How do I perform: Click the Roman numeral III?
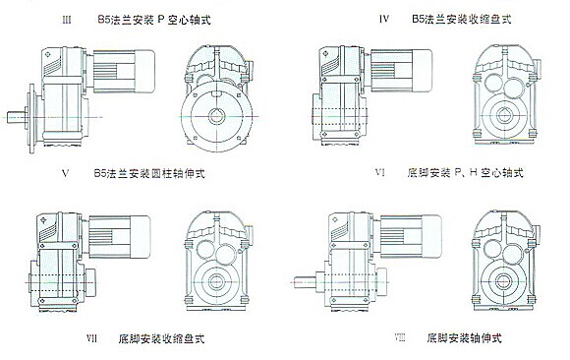[x=67, y=20]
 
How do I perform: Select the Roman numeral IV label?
[x=384, y=19]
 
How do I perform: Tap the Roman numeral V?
[x=66, y=173]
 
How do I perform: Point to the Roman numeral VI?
[x=380, y=172]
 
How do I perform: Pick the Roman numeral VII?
[x=91, y=338]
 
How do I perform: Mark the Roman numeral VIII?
[x=400, y=338]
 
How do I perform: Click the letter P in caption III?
[x=160, y=20]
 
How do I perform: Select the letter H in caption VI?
[x=473, y=172]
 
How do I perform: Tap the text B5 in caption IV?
[x=418, y=19]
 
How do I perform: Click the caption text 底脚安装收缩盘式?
[x=161, y=338]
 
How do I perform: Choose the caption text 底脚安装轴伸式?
[x=464, y=338]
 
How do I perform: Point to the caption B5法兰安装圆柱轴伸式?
[x=149, y=173]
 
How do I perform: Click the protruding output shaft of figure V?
[x=17, y=117]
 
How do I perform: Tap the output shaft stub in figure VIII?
[x=305, y=282]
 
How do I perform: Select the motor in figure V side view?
[x=124, y=71]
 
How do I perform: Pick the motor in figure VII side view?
[x=119, y=237]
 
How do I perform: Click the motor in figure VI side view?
[x=401, y=71]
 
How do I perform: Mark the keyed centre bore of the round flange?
[x=216, y=116]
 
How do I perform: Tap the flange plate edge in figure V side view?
[x=32, y=118]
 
